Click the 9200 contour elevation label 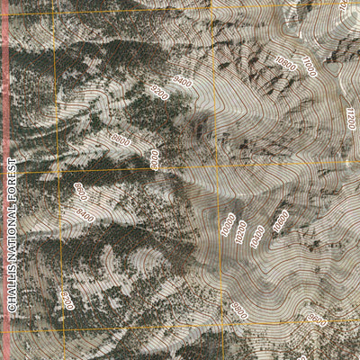(x=159, y=92)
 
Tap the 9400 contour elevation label (x=182, y=83)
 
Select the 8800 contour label (x=121, y=140)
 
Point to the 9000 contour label (x=156, y=160)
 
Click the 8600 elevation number (x=80, y=192)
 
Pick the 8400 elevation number (x=85, y=214)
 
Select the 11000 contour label (x=309, y=66)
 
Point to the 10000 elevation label (x=228, y=225)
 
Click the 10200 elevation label (x=241, y=231)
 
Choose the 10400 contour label (x=259, y=236)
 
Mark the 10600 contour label (x=280, y=220)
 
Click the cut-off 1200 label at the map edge (x=350, y=118)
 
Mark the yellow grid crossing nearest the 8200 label (x=56, y=328)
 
